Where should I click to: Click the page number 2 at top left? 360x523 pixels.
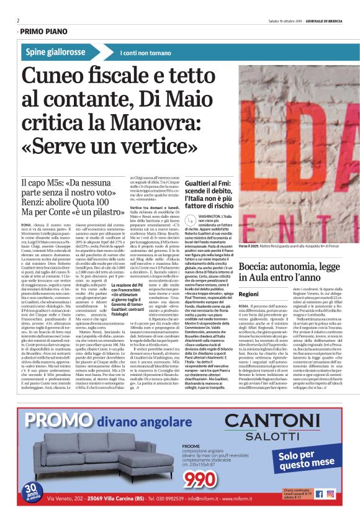tap(18, 20)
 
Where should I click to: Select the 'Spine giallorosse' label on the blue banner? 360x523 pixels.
tap(56, 52)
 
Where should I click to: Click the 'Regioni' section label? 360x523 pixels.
tap(248, 293)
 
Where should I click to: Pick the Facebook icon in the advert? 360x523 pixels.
tap(320, 494)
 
